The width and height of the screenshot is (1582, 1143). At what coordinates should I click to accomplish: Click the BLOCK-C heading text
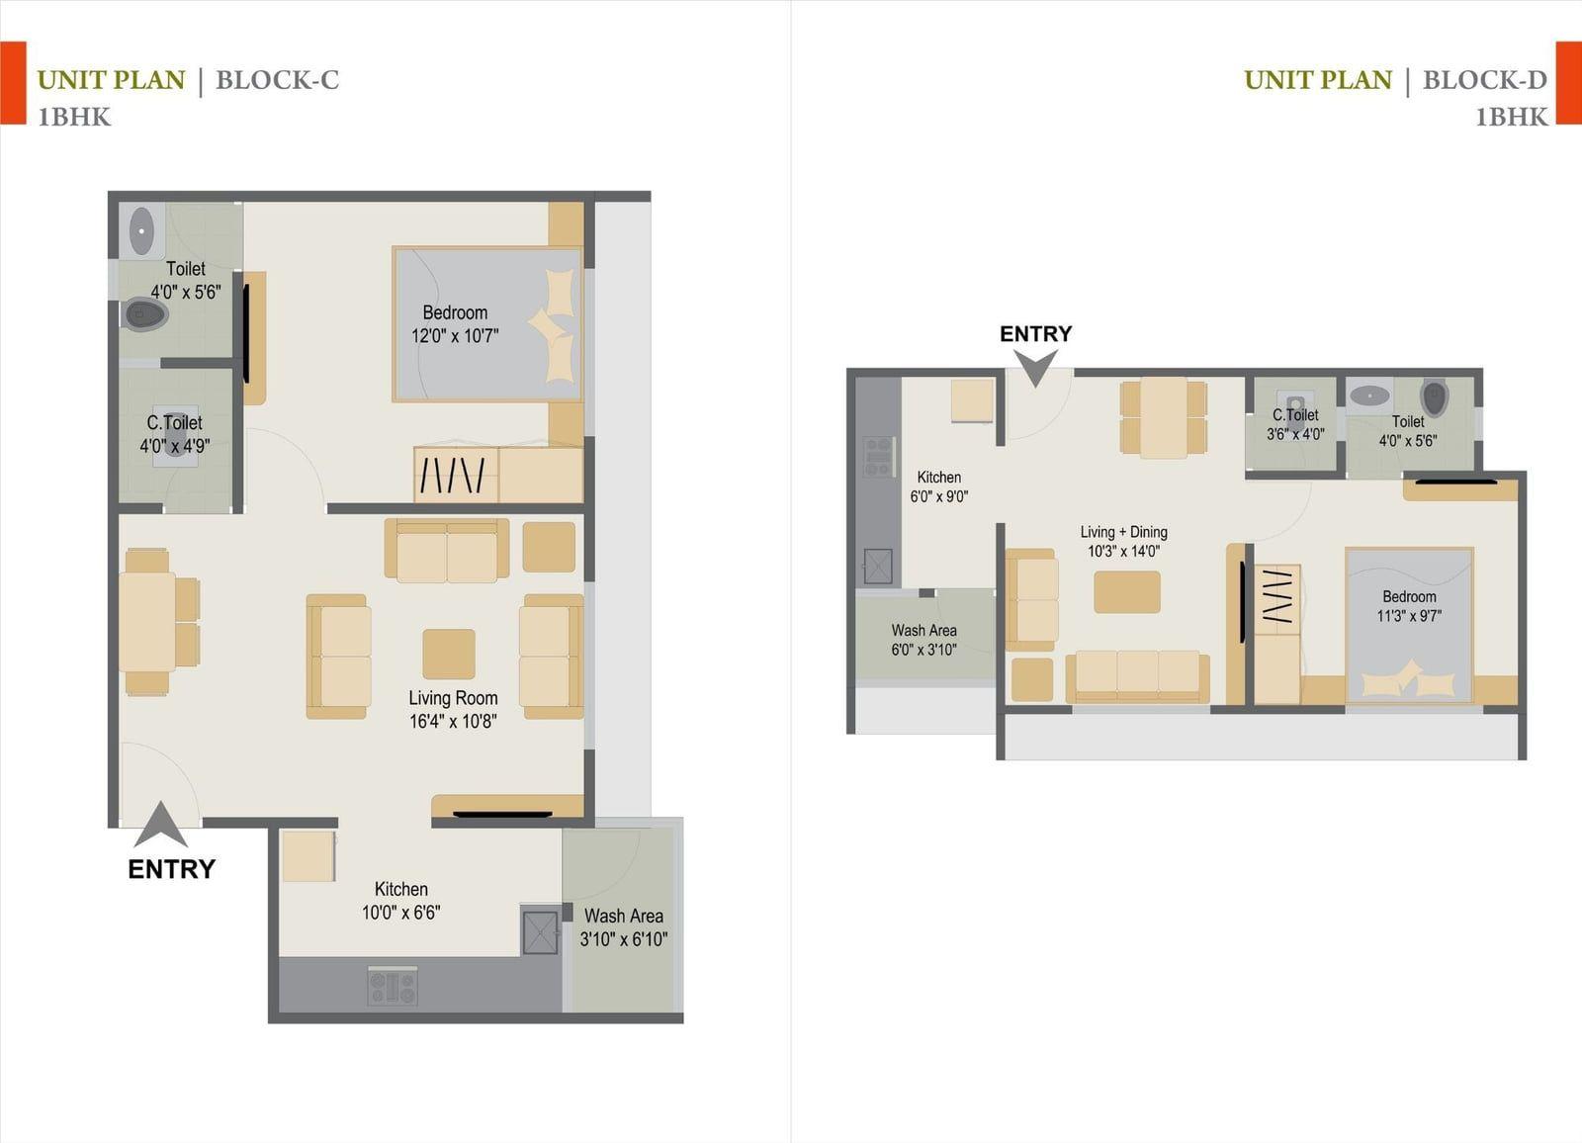pyautogui.click(x=278, y=80)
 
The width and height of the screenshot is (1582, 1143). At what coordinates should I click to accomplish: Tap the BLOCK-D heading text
pyautogui.click(x=1484, y=80)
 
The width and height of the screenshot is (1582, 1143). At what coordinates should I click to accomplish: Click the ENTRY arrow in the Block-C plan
pyautogui.click(x=161, y=824)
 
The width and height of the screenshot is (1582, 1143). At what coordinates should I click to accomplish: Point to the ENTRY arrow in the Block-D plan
pyautogui.click(x=1036, y=368)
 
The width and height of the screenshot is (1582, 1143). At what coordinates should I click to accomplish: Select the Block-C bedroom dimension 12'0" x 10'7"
pyautogui.click(x=455, y=335)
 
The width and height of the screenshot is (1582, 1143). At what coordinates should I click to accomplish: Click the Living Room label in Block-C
pyautogui.click(x=453, y=698)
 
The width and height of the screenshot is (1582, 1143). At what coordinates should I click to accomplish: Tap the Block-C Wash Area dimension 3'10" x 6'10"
pyautogui.click(x=624, y=939)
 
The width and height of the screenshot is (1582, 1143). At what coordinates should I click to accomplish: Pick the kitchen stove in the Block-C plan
pyautogui.click(x=393, y=986)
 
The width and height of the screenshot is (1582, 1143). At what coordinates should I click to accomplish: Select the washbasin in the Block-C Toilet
pyautogui.click(x=142, y=231)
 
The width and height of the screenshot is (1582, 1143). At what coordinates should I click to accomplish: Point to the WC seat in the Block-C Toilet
pyautogui.click(x=145, y=313)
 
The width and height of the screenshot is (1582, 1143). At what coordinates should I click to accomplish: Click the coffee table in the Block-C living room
pyautogui.click(x=449, y=654)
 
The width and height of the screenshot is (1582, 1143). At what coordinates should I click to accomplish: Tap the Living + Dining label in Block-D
pyautogui.click(x=1123, y=532)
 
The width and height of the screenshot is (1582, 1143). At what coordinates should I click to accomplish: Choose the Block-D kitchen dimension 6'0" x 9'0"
pyautogui.click(x=938, y=496)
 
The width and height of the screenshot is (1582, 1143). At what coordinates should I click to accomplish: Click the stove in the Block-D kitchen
pyautogui.click(x=879, y=457)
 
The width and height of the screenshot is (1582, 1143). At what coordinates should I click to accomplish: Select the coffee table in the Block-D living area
pyautogui.click(x=1127, y=592)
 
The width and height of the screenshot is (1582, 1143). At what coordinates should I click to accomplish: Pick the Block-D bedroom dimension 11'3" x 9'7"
pyautogui.click(x=1409, y=616)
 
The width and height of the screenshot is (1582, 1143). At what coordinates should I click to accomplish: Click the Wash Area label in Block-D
pyautogui.click(x=923, y=630)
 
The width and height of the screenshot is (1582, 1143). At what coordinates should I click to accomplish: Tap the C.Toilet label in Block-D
pyautogui.click(x=1295, y=415)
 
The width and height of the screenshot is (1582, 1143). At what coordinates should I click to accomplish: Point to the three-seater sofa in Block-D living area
pyautogui.click(x=1137, y=676)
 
